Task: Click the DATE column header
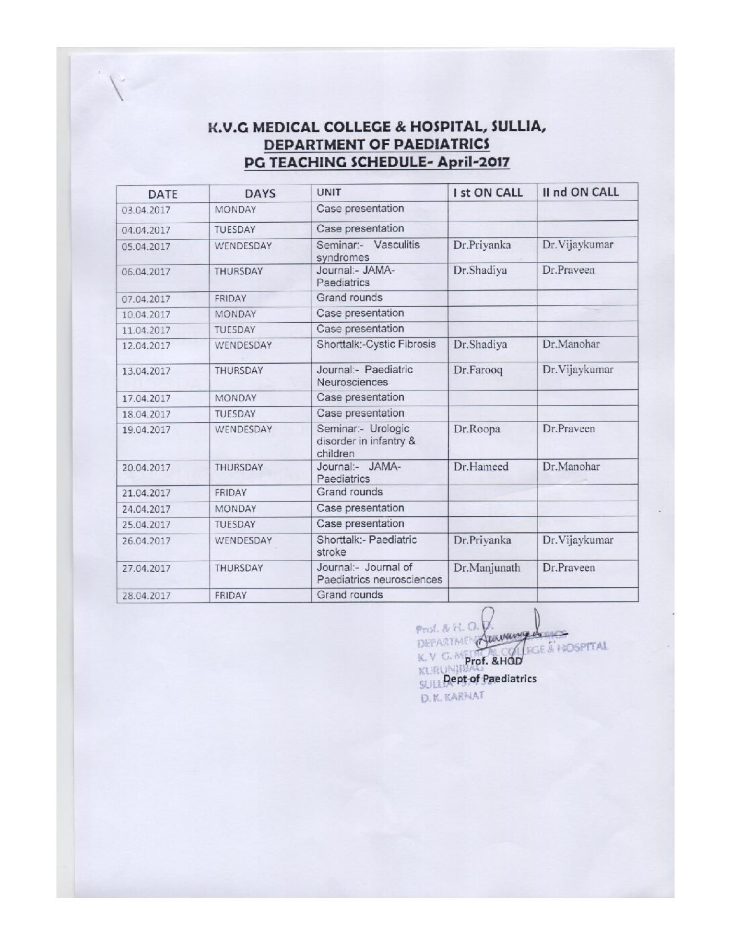click(x=162, y=194)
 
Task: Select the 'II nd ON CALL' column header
click(x=580, y=192)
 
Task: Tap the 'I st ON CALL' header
click(x=488, y=193)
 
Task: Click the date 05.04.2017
click(x=146, y=246)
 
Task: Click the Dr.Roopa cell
click(x=476, y=430)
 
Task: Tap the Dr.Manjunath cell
click(x=486, y=568)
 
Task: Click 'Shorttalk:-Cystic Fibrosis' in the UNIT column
click(x=376, y=344)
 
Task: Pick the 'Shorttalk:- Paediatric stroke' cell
click(x=367, y=546)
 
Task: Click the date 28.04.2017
click(x=146, y=595)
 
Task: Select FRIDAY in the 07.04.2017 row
click(x=230, y=299)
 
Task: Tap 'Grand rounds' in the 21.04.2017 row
click(x=349, y=492)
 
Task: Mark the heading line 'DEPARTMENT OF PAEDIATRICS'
click(x=376, y=144)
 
